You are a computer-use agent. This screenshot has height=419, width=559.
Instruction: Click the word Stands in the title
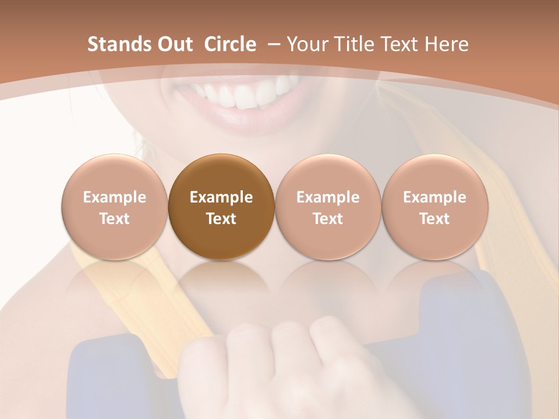119,44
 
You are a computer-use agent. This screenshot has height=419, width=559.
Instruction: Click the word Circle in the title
230,44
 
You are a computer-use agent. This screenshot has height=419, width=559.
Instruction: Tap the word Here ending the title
447,44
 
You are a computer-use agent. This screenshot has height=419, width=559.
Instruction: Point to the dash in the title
274,45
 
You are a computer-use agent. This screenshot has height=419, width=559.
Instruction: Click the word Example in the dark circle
221,197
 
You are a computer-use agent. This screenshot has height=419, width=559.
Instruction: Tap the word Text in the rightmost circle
434,219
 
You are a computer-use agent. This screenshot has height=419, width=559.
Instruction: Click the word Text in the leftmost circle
114,219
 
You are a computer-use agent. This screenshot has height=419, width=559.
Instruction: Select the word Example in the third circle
328,197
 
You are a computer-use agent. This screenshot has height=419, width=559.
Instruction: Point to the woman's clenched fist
279,361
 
